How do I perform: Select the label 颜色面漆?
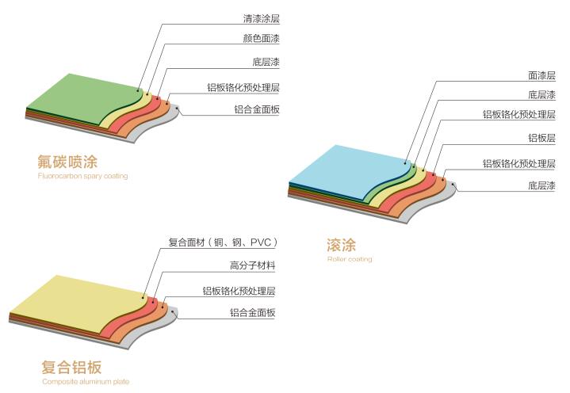coord(261,39)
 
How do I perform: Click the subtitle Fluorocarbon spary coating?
coord(82,177)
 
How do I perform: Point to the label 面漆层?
coord(541,75)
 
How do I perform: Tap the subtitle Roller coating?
coord(349,259)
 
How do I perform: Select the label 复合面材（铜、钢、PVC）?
coord(224,242)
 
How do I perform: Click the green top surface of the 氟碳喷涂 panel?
coord(79,99)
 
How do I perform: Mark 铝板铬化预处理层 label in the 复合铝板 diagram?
coord(239,290)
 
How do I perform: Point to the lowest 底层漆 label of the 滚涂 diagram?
coord(541,186)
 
